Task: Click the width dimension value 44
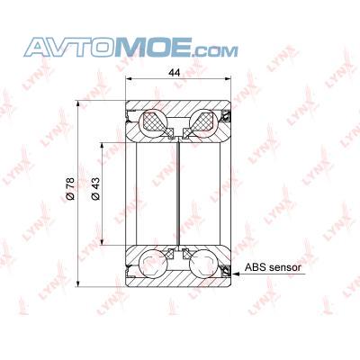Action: pyautogui.click(x=175, y=73)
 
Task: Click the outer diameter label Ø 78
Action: pyautogui.click(x=69, y=189)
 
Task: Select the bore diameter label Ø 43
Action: pyautogui.click(x=95, y=189)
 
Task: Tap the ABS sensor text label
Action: pyautogui.click(x=273, y=267)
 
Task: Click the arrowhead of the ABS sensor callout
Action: pyautogui.click(x=236, y=274)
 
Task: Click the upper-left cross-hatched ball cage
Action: pyautogui.click(x=156, y=122)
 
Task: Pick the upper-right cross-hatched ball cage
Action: pyautogui.click(x=200, y=122)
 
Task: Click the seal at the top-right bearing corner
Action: pyautogui.click(x=226, y=116)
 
